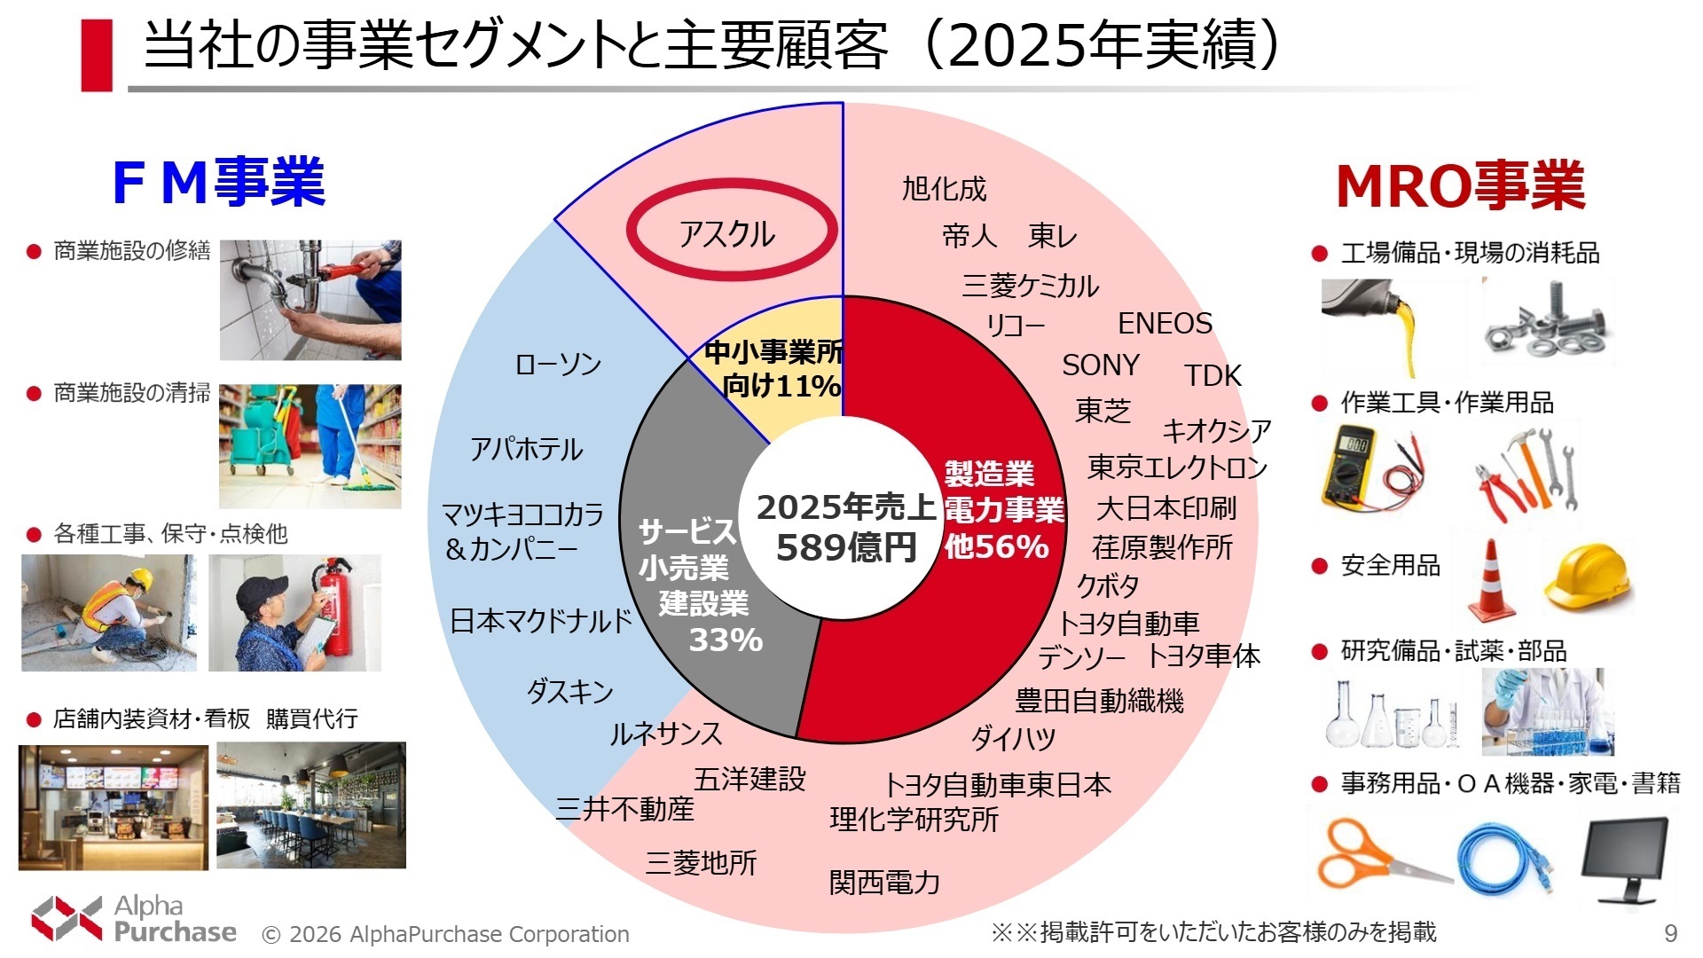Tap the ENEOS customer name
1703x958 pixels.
(x=1164, y=324)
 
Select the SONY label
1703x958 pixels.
(x=1100, y=365)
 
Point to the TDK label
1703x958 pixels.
(x=1213, y=375)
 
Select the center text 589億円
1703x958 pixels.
(x=845, y=547)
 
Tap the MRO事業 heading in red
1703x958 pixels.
(x=1460, y=186)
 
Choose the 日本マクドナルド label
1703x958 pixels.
(x=541, y=620)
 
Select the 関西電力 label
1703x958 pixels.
(x=883, y=882)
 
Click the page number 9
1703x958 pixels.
(x=1670, y=933)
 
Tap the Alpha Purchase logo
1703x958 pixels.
(x=133, y=919)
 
